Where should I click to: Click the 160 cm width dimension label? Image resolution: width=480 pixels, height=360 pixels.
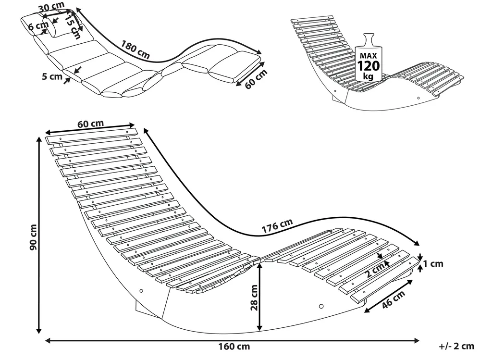(234, 347)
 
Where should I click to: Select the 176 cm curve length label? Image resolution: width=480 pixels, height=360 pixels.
(277, 225)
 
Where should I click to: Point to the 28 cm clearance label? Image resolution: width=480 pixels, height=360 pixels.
(254, 298)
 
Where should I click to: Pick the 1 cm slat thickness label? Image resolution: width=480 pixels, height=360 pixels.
(433, 263)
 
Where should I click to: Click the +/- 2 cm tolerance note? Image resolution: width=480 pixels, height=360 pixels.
(456, 346)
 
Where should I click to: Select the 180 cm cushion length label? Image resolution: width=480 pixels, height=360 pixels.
(135, 50)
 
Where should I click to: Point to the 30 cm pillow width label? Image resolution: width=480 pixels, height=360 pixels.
(51, 6)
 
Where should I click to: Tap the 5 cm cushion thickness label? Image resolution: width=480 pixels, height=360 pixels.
(52, 76)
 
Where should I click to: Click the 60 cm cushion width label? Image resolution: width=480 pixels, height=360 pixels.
(256, 79)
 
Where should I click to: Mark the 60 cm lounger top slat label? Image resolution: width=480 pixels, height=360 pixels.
(90, 124)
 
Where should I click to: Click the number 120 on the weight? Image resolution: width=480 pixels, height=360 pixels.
(369, 66)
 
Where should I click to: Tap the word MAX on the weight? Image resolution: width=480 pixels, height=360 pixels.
(368, 56)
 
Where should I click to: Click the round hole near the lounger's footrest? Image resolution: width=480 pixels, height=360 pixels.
(321, 306)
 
